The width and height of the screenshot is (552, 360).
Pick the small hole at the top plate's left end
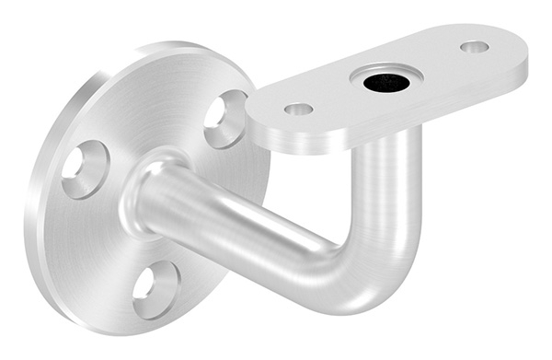298,110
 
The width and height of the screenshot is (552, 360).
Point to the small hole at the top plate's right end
475,46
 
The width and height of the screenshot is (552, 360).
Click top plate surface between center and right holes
432,64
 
